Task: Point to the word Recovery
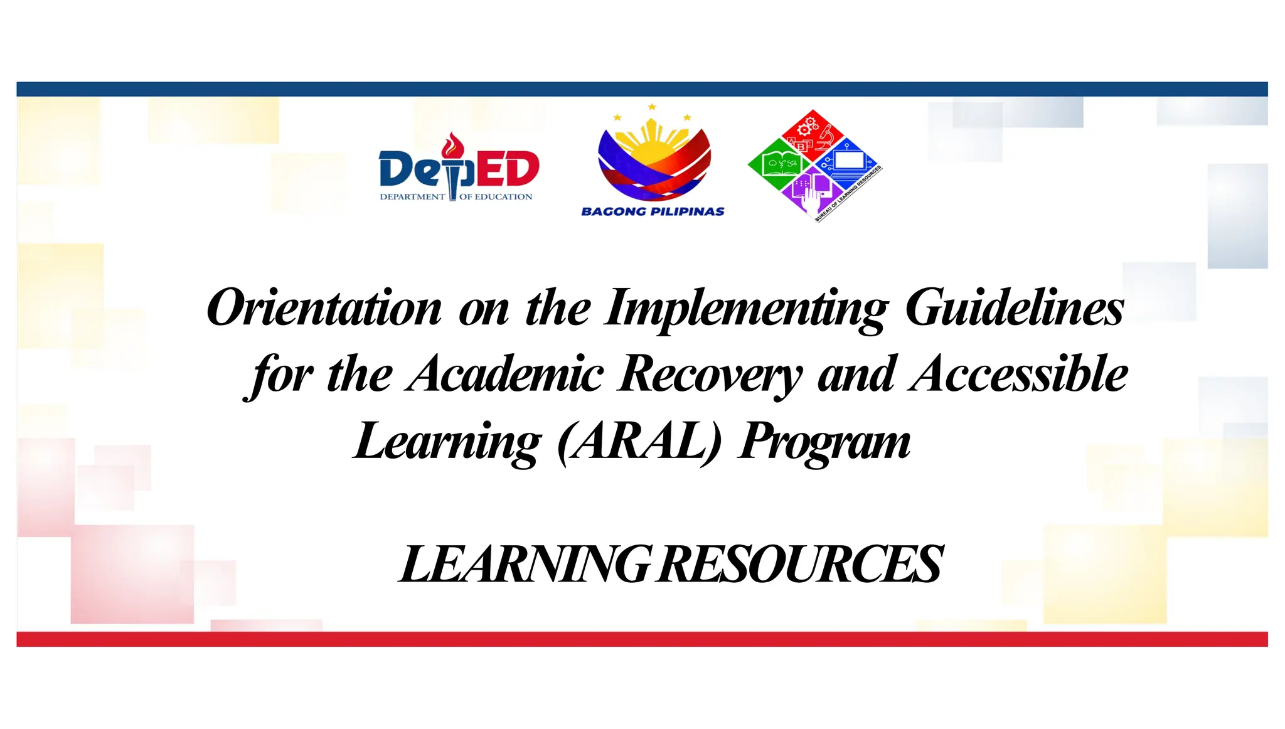click(x=710, y=375)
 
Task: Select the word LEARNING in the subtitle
click(x=526, y=564)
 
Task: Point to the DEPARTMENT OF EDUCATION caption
click(x=456, y=197)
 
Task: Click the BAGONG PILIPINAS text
click(x=653, y=211)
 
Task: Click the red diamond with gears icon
click(x=813, y=133)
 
